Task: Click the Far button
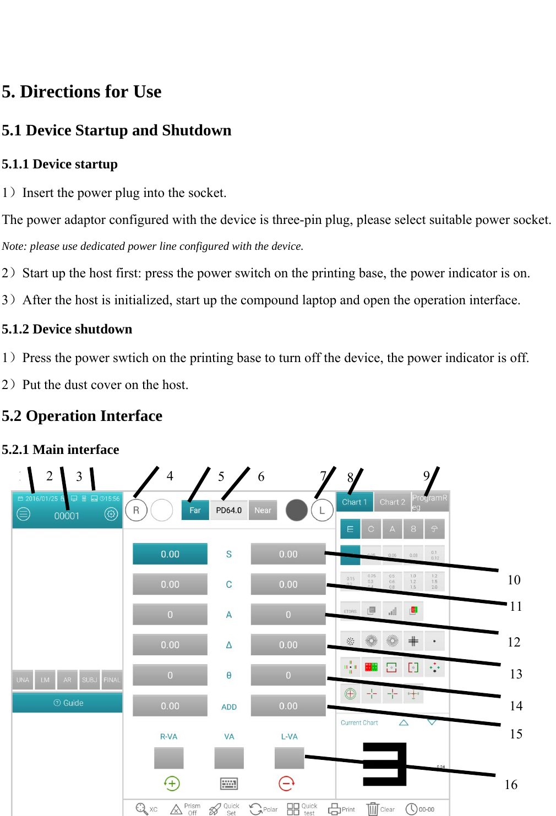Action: (195, 510)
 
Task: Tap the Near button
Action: (263, 510)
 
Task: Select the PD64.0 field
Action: (228, 510)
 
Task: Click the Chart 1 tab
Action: (354, 502)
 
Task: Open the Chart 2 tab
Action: (392, 502)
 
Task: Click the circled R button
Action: (136, 510)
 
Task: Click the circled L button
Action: (322, 510)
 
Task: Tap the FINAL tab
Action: (112, 680)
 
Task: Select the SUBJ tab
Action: (89, 680)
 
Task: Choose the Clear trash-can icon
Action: (373, 809)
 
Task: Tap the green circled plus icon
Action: (172, 783)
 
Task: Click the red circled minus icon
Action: (286, 783)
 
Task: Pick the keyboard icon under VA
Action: (229, 784)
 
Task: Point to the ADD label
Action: (229, 707)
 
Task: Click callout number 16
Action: (511, 785)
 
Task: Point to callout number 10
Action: (514, 580)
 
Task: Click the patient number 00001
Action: (67, 516)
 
